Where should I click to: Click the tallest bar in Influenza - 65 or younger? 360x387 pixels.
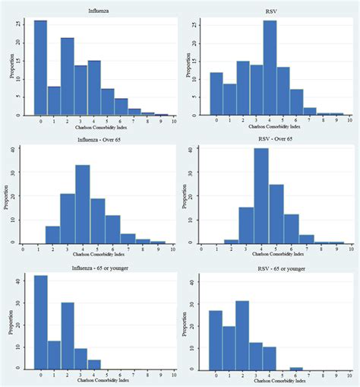coord(40,322)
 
